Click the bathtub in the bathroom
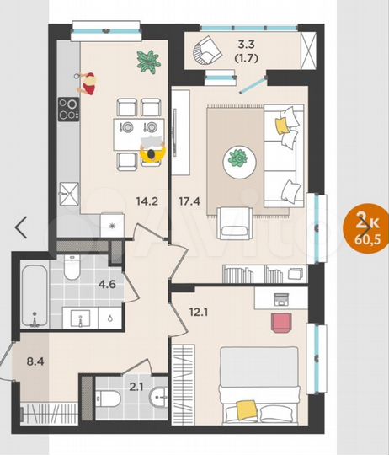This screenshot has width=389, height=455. point(32,295)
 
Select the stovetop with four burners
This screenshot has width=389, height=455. point(68,109)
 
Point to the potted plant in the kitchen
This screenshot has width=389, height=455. point(148,61)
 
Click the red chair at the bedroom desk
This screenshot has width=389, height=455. point(280,323)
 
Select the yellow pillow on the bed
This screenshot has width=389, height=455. point(245,409)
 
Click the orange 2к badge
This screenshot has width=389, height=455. point(365,221)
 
